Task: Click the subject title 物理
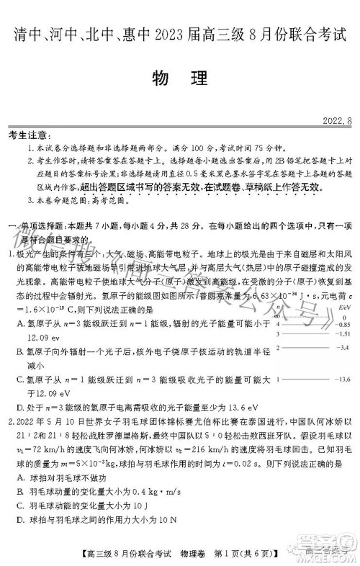click(x=179, y=76)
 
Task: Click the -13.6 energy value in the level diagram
click(x=345, y=379)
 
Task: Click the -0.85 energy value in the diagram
click(x=345, y=325)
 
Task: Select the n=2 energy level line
click(x=310, y=347)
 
